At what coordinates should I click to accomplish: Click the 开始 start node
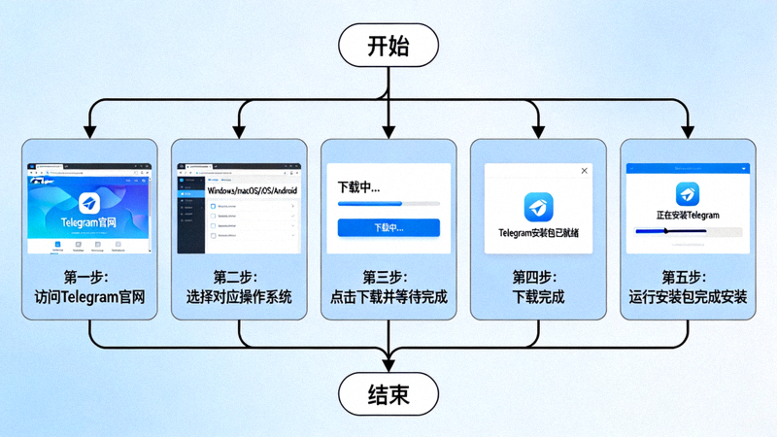click(x=388, y=46)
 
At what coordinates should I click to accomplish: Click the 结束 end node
click(x=388, y=395)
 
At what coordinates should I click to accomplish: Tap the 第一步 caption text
click(x=89, y=278)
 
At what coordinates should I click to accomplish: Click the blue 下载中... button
click(x=388, y=228)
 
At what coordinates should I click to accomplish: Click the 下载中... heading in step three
click(x=358, y=185)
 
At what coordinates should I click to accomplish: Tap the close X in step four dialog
click(x=584, y=171)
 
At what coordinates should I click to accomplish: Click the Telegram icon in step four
click(x=538, y=206)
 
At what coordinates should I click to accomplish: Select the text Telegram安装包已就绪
click(x=538, y=233)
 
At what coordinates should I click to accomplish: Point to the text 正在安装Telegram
click(x=688, y=215)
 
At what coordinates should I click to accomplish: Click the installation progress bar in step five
click(x=688, y=232)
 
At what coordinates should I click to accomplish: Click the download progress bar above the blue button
click(x=388, y=204)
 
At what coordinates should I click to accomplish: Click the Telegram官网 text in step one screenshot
click(x=88, y=222)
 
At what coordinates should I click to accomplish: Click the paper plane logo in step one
click(x=89, y=203)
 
